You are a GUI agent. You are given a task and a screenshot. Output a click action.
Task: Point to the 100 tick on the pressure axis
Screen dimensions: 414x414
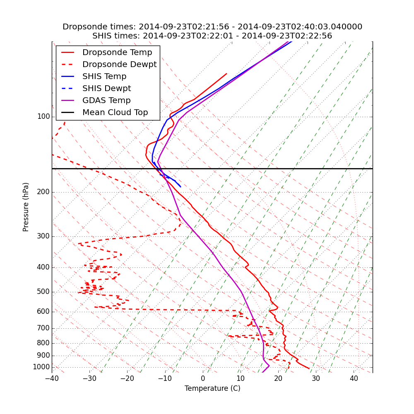[43, 117]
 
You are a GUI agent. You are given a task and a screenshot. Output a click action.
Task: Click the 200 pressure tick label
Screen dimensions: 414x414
[43, 192]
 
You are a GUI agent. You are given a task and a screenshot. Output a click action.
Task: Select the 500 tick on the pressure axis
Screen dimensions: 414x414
[43, 292]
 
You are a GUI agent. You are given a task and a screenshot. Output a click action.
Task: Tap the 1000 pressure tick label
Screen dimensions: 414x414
[41, 367]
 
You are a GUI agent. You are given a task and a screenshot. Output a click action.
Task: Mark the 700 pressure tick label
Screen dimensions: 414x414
[43, 328]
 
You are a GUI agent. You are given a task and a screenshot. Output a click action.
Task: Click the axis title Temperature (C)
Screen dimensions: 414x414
[212, 388]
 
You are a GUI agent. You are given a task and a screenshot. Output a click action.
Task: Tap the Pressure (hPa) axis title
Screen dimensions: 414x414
[26, 207]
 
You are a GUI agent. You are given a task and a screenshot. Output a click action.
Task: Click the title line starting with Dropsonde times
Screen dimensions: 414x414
[212, 27]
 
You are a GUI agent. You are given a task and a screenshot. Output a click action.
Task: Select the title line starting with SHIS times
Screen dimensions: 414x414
[212, 36]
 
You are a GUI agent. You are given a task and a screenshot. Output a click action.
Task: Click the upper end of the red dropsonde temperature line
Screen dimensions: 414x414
[226, 74]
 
